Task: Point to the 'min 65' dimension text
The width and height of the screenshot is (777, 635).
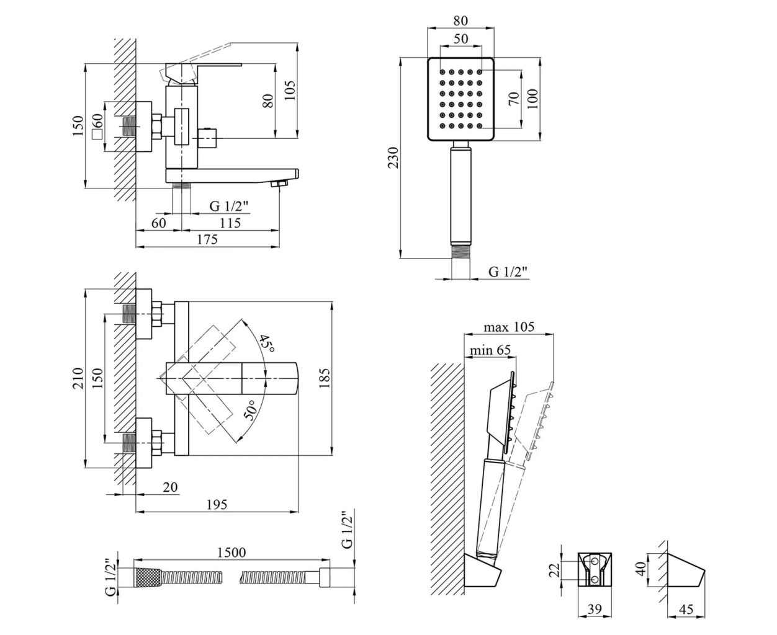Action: click(x=490, y=350)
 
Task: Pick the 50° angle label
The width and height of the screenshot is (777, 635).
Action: click(x=249, y=411)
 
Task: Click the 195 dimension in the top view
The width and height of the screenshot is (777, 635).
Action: click(x=216, y=505)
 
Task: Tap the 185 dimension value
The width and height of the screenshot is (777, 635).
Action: click(x=325, y=376)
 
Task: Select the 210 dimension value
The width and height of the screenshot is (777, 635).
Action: click(x=78, y=378)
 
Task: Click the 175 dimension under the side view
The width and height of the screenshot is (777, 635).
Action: click(x=207, y=239)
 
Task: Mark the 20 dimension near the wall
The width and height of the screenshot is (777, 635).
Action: click(x=169, y=488)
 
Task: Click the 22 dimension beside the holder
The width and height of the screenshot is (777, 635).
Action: click(x=556, y=569)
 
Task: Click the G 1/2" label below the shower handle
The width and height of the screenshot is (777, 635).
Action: click(x=508, y=272)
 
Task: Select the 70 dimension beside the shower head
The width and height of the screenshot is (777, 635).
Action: click(x=513, y=98)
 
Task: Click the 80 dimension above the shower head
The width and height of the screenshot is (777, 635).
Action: click(x=460, y=21)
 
